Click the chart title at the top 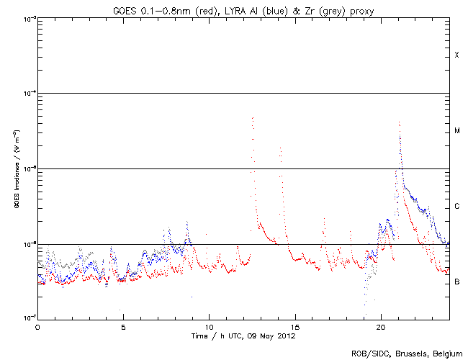click(243, 8)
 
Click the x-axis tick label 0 click(37, 325)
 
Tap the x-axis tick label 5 click(123, 325)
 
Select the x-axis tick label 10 click(209, 325)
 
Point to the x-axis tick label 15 click(294, 325)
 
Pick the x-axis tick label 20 click(380, 325)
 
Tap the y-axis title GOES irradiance click(15, 169)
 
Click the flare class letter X click(456, 55)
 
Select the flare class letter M click(456, 131)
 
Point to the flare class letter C click(456, 207)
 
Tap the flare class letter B click(456, 282)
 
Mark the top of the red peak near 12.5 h click(252, 117)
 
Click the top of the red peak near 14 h click(279, 148)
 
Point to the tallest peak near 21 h click(399, 122)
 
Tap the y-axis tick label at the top click(29, 19)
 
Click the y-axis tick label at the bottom click(29, 317)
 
